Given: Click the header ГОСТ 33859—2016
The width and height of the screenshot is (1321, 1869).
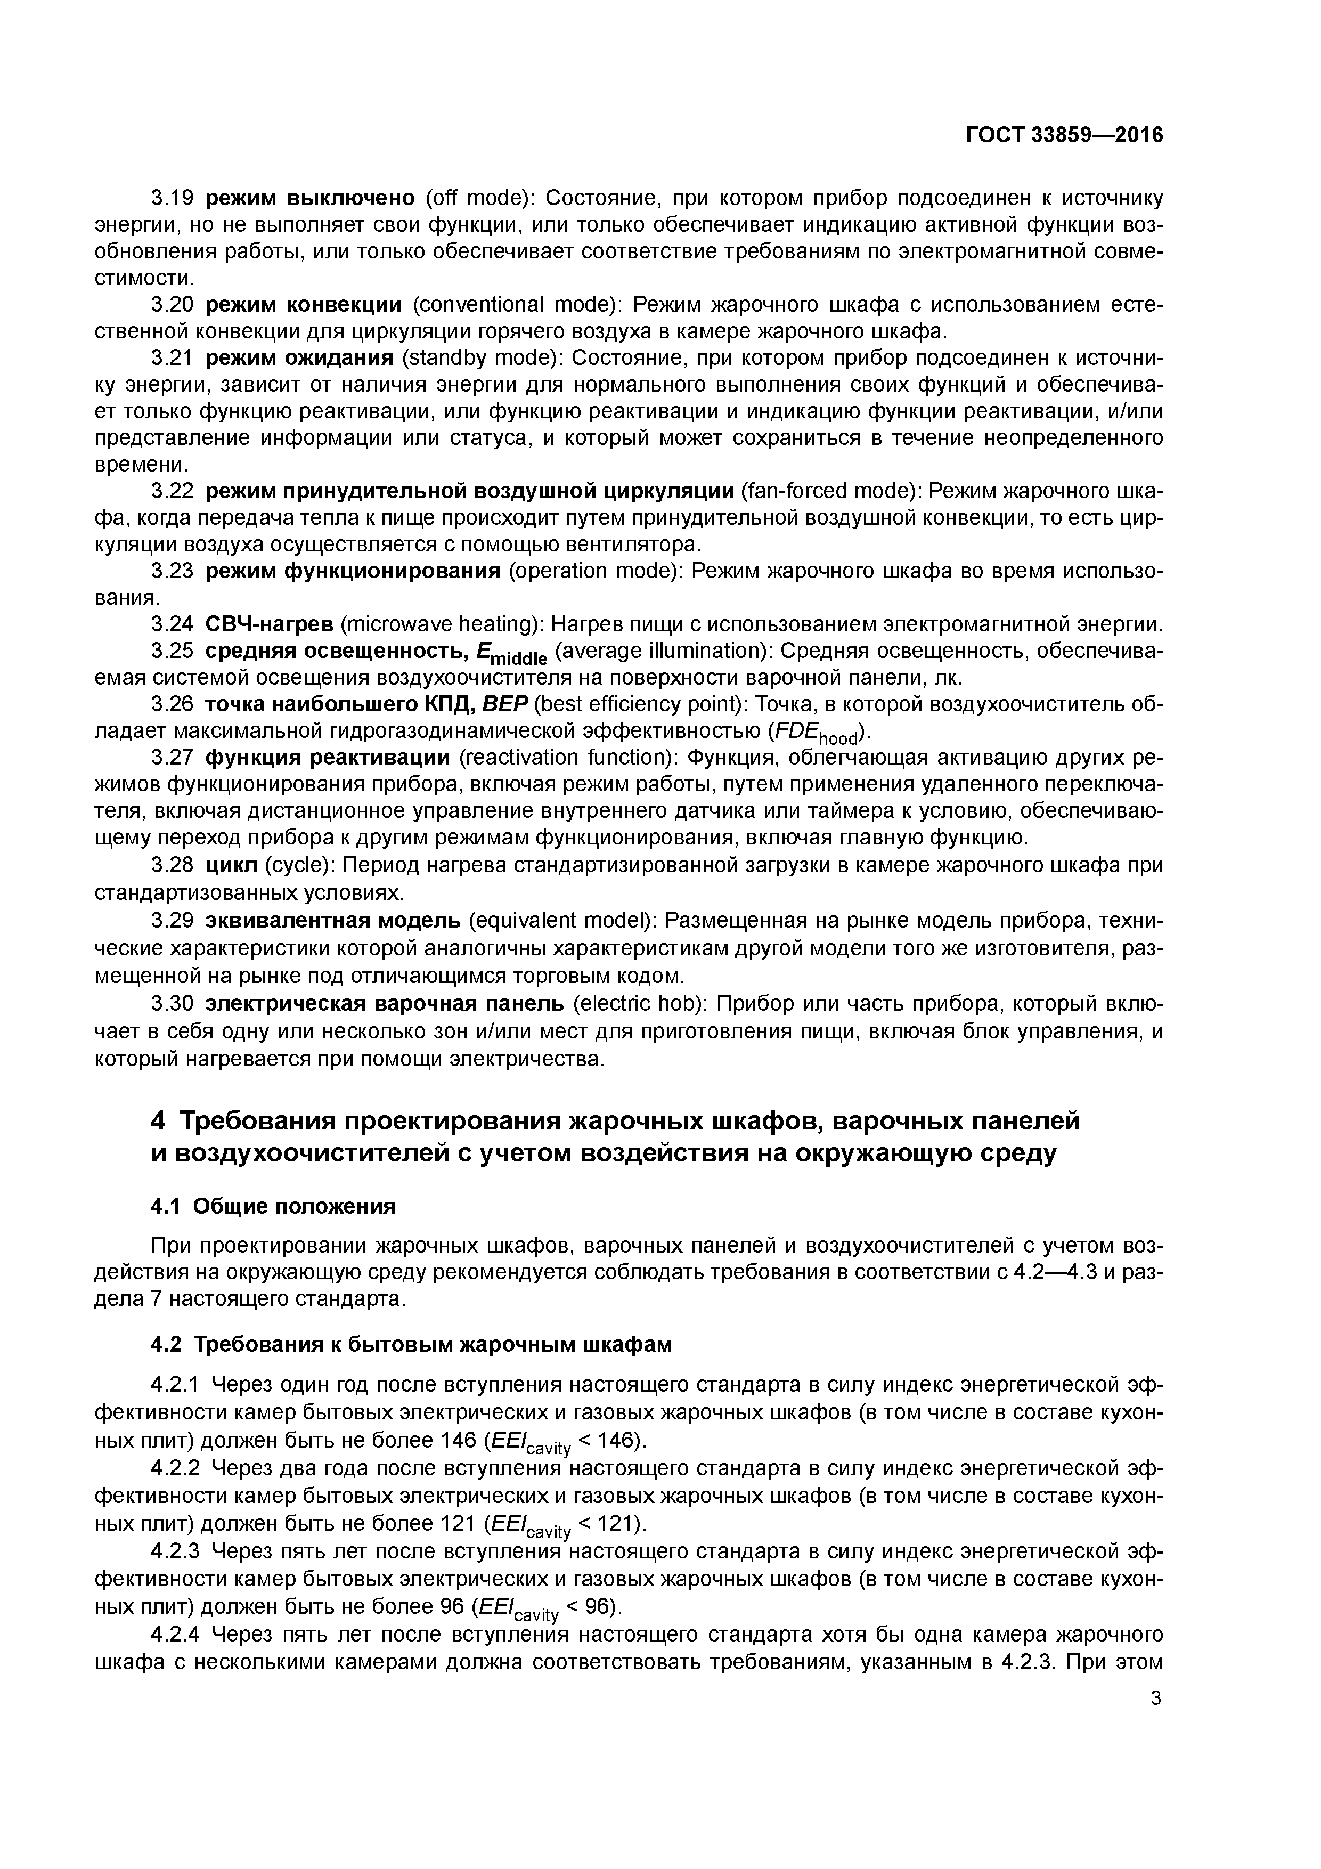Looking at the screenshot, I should coord(1064,135).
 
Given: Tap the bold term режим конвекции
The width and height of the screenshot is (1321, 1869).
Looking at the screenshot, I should coord(304,304).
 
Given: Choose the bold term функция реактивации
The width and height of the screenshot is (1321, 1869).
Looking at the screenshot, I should coord(327,758).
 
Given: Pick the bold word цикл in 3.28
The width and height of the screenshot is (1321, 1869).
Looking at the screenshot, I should coord(231,865).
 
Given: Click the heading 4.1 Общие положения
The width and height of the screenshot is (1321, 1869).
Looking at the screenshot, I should coord(273,1206).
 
